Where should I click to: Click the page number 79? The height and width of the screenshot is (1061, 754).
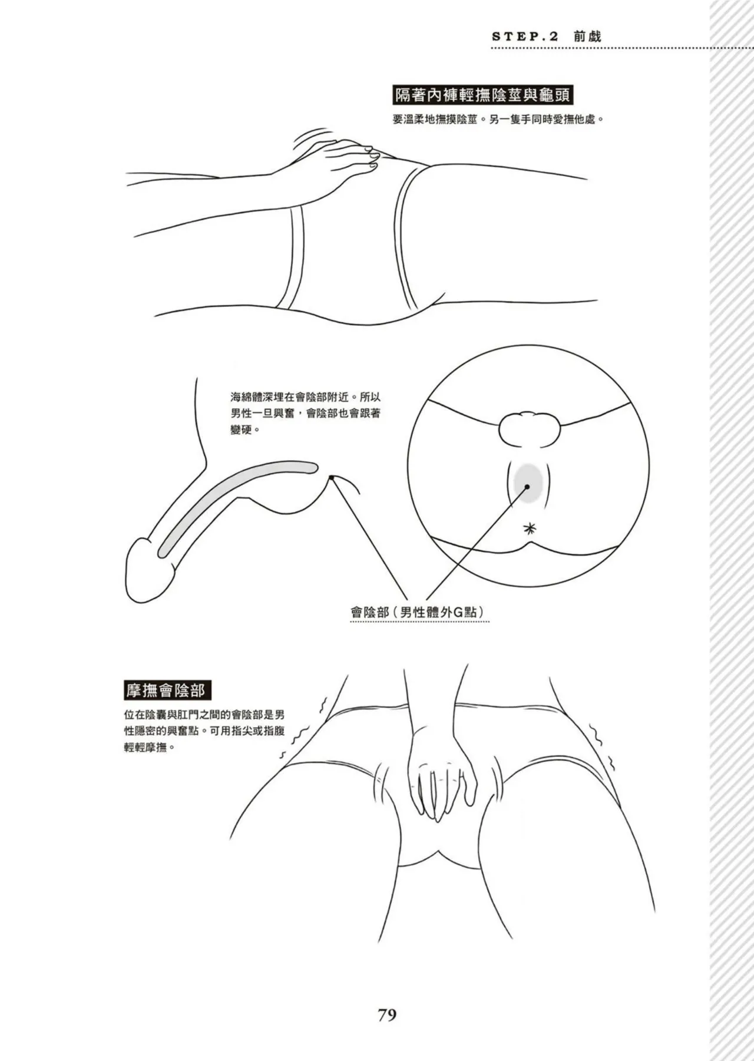coord(386,1014)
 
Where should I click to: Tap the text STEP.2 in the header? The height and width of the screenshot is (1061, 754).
coord(524,37)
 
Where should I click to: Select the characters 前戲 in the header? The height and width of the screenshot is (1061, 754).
coord(587,36)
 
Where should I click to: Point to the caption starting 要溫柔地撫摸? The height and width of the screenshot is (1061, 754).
coord(498,119)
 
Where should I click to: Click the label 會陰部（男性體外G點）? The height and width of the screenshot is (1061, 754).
coord(419,612)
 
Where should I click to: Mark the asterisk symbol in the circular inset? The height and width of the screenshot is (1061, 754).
coord(530,528)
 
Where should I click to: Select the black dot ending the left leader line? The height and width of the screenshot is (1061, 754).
coord(332,478)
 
